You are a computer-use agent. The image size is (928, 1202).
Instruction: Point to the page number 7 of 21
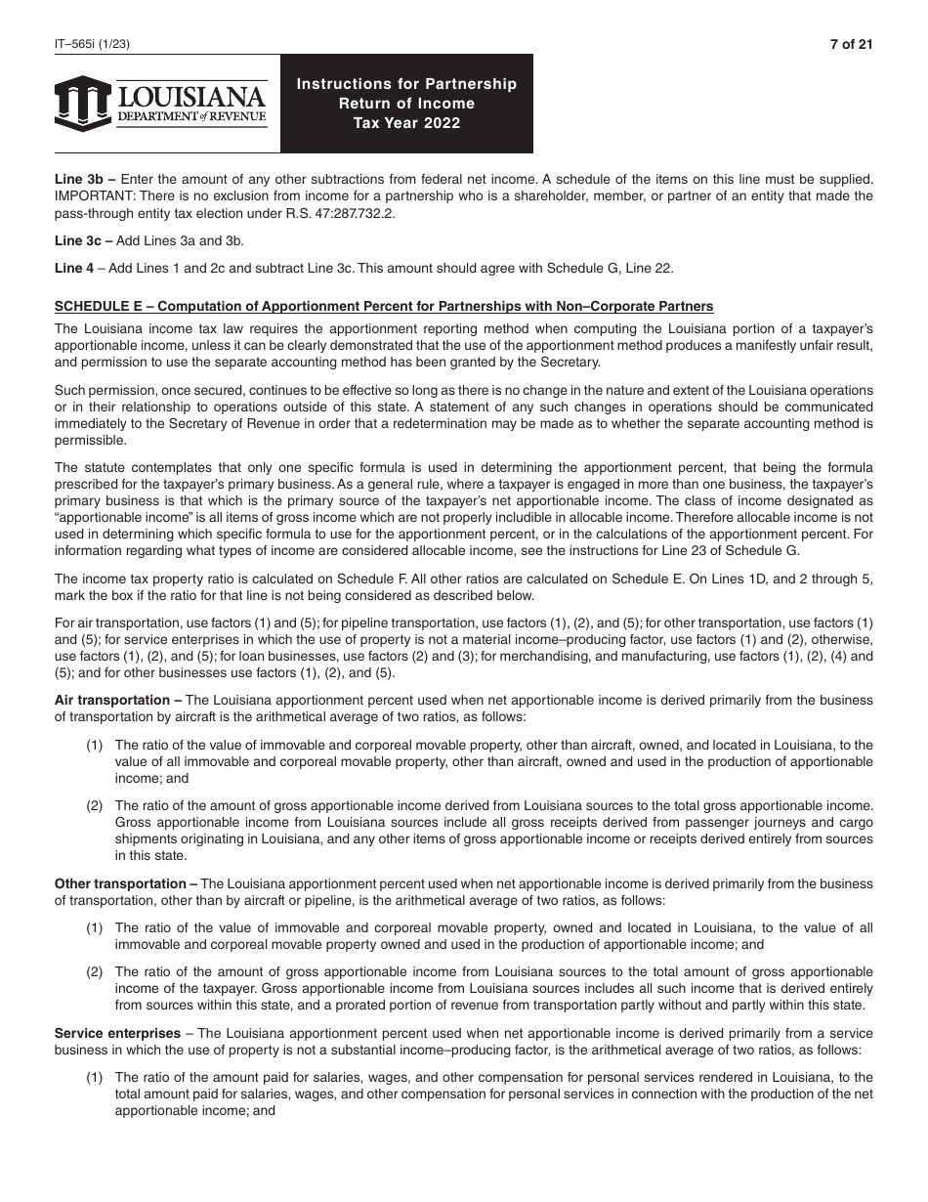(x=851, y=44)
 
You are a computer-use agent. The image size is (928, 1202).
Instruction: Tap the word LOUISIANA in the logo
(x=191, y=97)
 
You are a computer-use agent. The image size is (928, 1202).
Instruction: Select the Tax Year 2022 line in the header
(x=406, y=123)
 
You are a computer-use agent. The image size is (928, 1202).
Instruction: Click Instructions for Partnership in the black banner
(x=406, y=84)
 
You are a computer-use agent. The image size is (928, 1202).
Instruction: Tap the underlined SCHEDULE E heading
(x=383, y=306)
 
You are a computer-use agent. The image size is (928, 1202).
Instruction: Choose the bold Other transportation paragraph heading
(x=125, y=884)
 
